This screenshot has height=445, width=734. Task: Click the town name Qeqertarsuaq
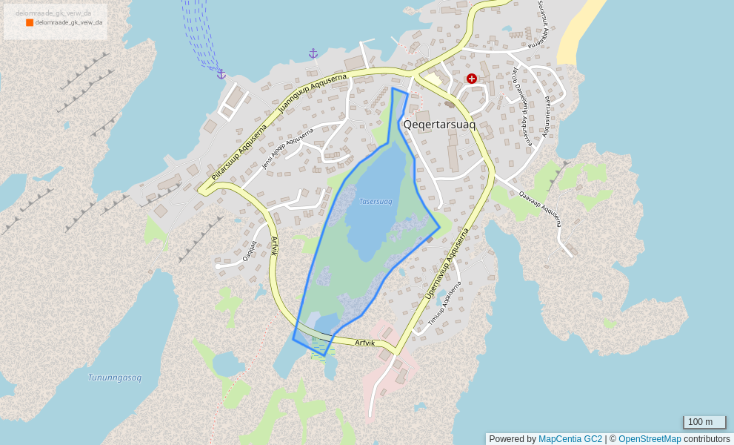[439, 125]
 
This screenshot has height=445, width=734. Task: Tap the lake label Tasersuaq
[376, 201]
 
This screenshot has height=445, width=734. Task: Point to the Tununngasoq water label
[114, 378]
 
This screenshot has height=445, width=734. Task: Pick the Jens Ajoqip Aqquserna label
[287, 148]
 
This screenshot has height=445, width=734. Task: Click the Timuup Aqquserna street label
[444, 303]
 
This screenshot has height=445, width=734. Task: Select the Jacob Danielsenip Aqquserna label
[521, 105]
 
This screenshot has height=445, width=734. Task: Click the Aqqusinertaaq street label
[547, 116]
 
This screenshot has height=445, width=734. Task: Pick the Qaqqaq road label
[249, 251]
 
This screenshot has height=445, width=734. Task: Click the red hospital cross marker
[471, 79]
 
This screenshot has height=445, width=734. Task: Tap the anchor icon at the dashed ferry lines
[221, 74]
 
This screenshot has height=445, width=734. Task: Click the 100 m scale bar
[704, 423]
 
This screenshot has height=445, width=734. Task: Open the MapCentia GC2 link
[570, 439]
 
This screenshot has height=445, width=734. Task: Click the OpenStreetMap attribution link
[650, 439]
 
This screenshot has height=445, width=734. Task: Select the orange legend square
[30, 22]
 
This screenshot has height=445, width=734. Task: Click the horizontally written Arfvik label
[365, 343]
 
